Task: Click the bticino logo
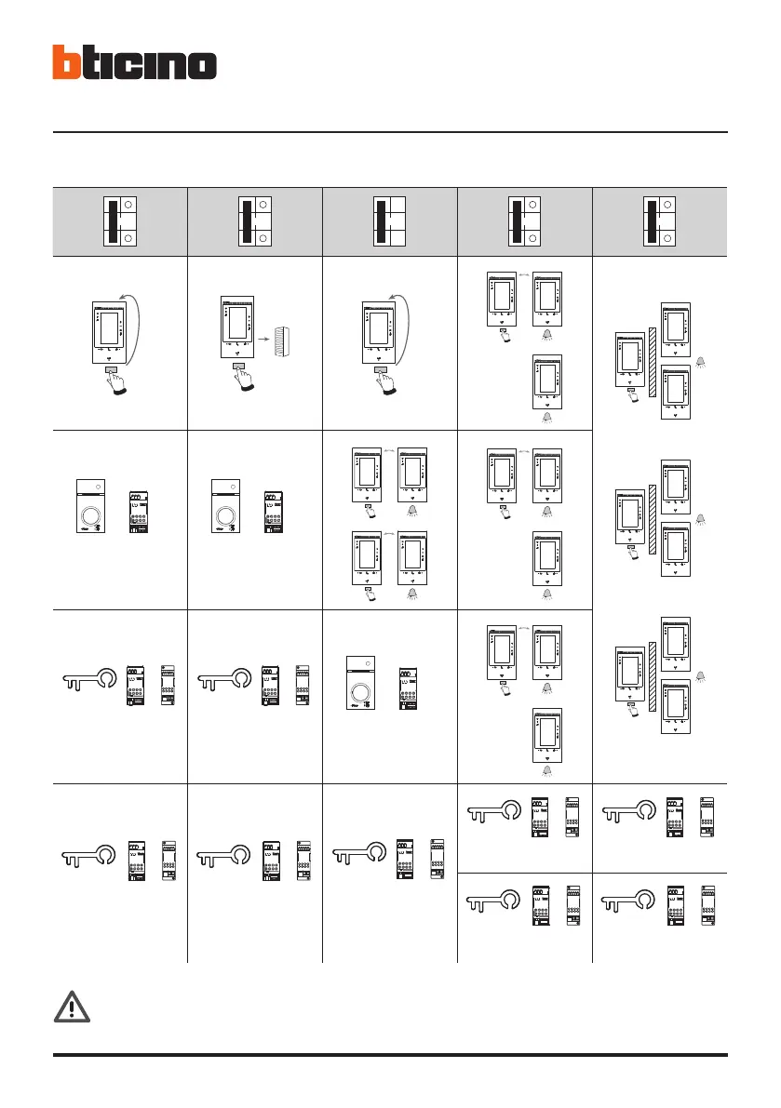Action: coord(134,63)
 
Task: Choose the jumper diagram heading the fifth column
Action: coord(660,221)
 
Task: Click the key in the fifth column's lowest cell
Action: coord(631,903)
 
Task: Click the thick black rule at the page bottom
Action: coord(390,1055)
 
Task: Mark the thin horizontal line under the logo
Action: coord(390,132)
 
